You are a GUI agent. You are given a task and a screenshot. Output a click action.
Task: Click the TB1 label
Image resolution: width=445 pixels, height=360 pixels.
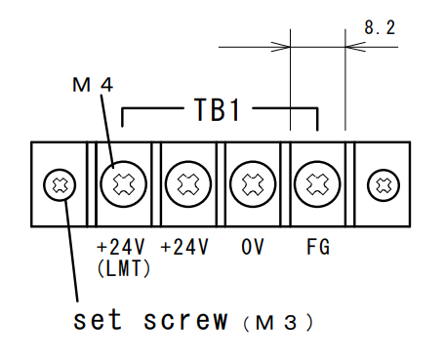point(217,109)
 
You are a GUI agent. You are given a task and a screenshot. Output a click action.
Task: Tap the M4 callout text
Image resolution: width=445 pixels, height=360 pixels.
point(93,85)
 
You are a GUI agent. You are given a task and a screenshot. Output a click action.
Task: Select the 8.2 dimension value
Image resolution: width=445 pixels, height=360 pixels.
point(380,27)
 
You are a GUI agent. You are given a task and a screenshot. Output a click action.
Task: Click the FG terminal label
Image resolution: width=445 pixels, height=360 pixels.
point(318,247)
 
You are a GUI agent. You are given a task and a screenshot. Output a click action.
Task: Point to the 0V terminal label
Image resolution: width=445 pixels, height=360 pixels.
point(253,247)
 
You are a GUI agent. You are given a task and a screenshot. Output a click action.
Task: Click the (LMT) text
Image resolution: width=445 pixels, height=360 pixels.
point(124,268)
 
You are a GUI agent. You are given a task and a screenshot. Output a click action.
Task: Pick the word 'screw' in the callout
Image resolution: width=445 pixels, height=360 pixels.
point(185,320)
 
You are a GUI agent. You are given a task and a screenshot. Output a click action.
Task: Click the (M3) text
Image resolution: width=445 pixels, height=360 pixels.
point(278,322)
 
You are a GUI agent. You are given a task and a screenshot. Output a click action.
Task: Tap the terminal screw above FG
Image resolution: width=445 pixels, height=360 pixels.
point(317,184)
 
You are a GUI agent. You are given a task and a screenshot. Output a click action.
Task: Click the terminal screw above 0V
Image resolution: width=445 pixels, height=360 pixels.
point(253,184)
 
